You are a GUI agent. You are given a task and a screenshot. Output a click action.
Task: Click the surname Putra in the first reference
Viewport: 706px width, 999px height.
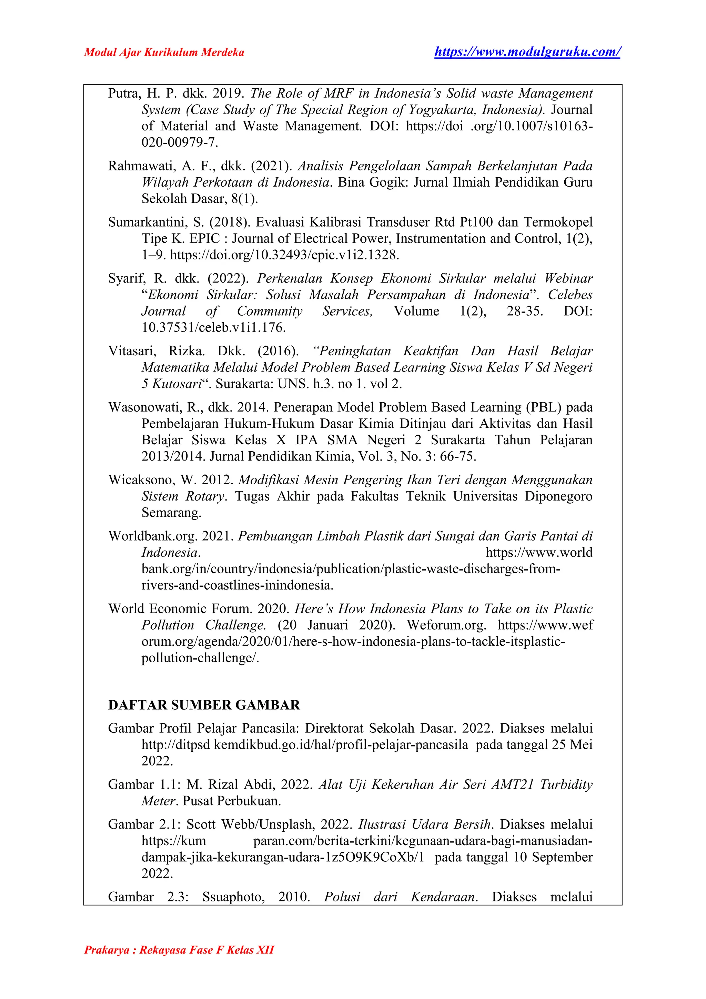click(124, 93)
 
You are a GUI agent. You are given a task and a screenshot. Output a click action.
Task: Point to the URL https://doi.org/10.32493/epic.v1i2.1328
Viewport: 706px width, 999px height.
click(284, 255)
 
